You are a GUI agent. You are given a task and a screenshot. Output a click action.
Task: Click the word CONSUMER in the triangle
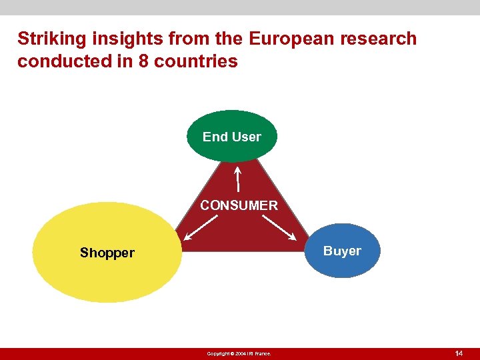coord(239,205)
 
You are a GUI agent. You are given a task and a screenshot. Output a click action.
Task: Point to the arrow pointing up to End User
coord(238,179)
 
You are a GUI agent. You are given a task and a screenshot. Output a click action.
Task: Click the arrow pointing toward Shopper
coord(202,227)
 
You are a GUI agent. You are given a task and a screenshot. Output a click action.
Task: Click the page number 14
coord(458,353)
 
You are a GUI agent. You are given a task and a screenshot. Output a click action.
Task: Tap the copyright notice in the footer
coord(239,353)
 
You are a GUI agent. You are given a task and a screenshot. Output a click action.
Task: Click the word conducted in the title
coord(55,61)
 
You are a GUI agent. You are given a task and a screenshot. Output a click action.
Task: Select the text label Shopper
coord(107,253)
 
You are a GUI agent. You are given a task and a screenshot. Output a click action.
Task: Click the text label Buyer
coord(342,251)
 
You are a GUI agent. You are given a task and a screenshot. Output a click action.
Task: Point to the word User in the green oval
coord(247,137)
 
